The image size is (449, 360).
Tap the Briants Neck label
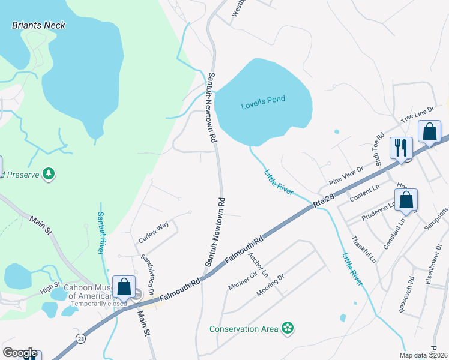pyautogui.click(x=39, y=25)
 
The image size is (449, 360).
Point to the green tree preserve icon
pyautogui.click(x=49, y=174)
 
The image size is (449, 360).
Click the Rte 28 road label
pyautogui.click(x=324, y=202)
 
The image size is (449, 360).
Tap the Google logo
pyautogui.click(x=20, y=353)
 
